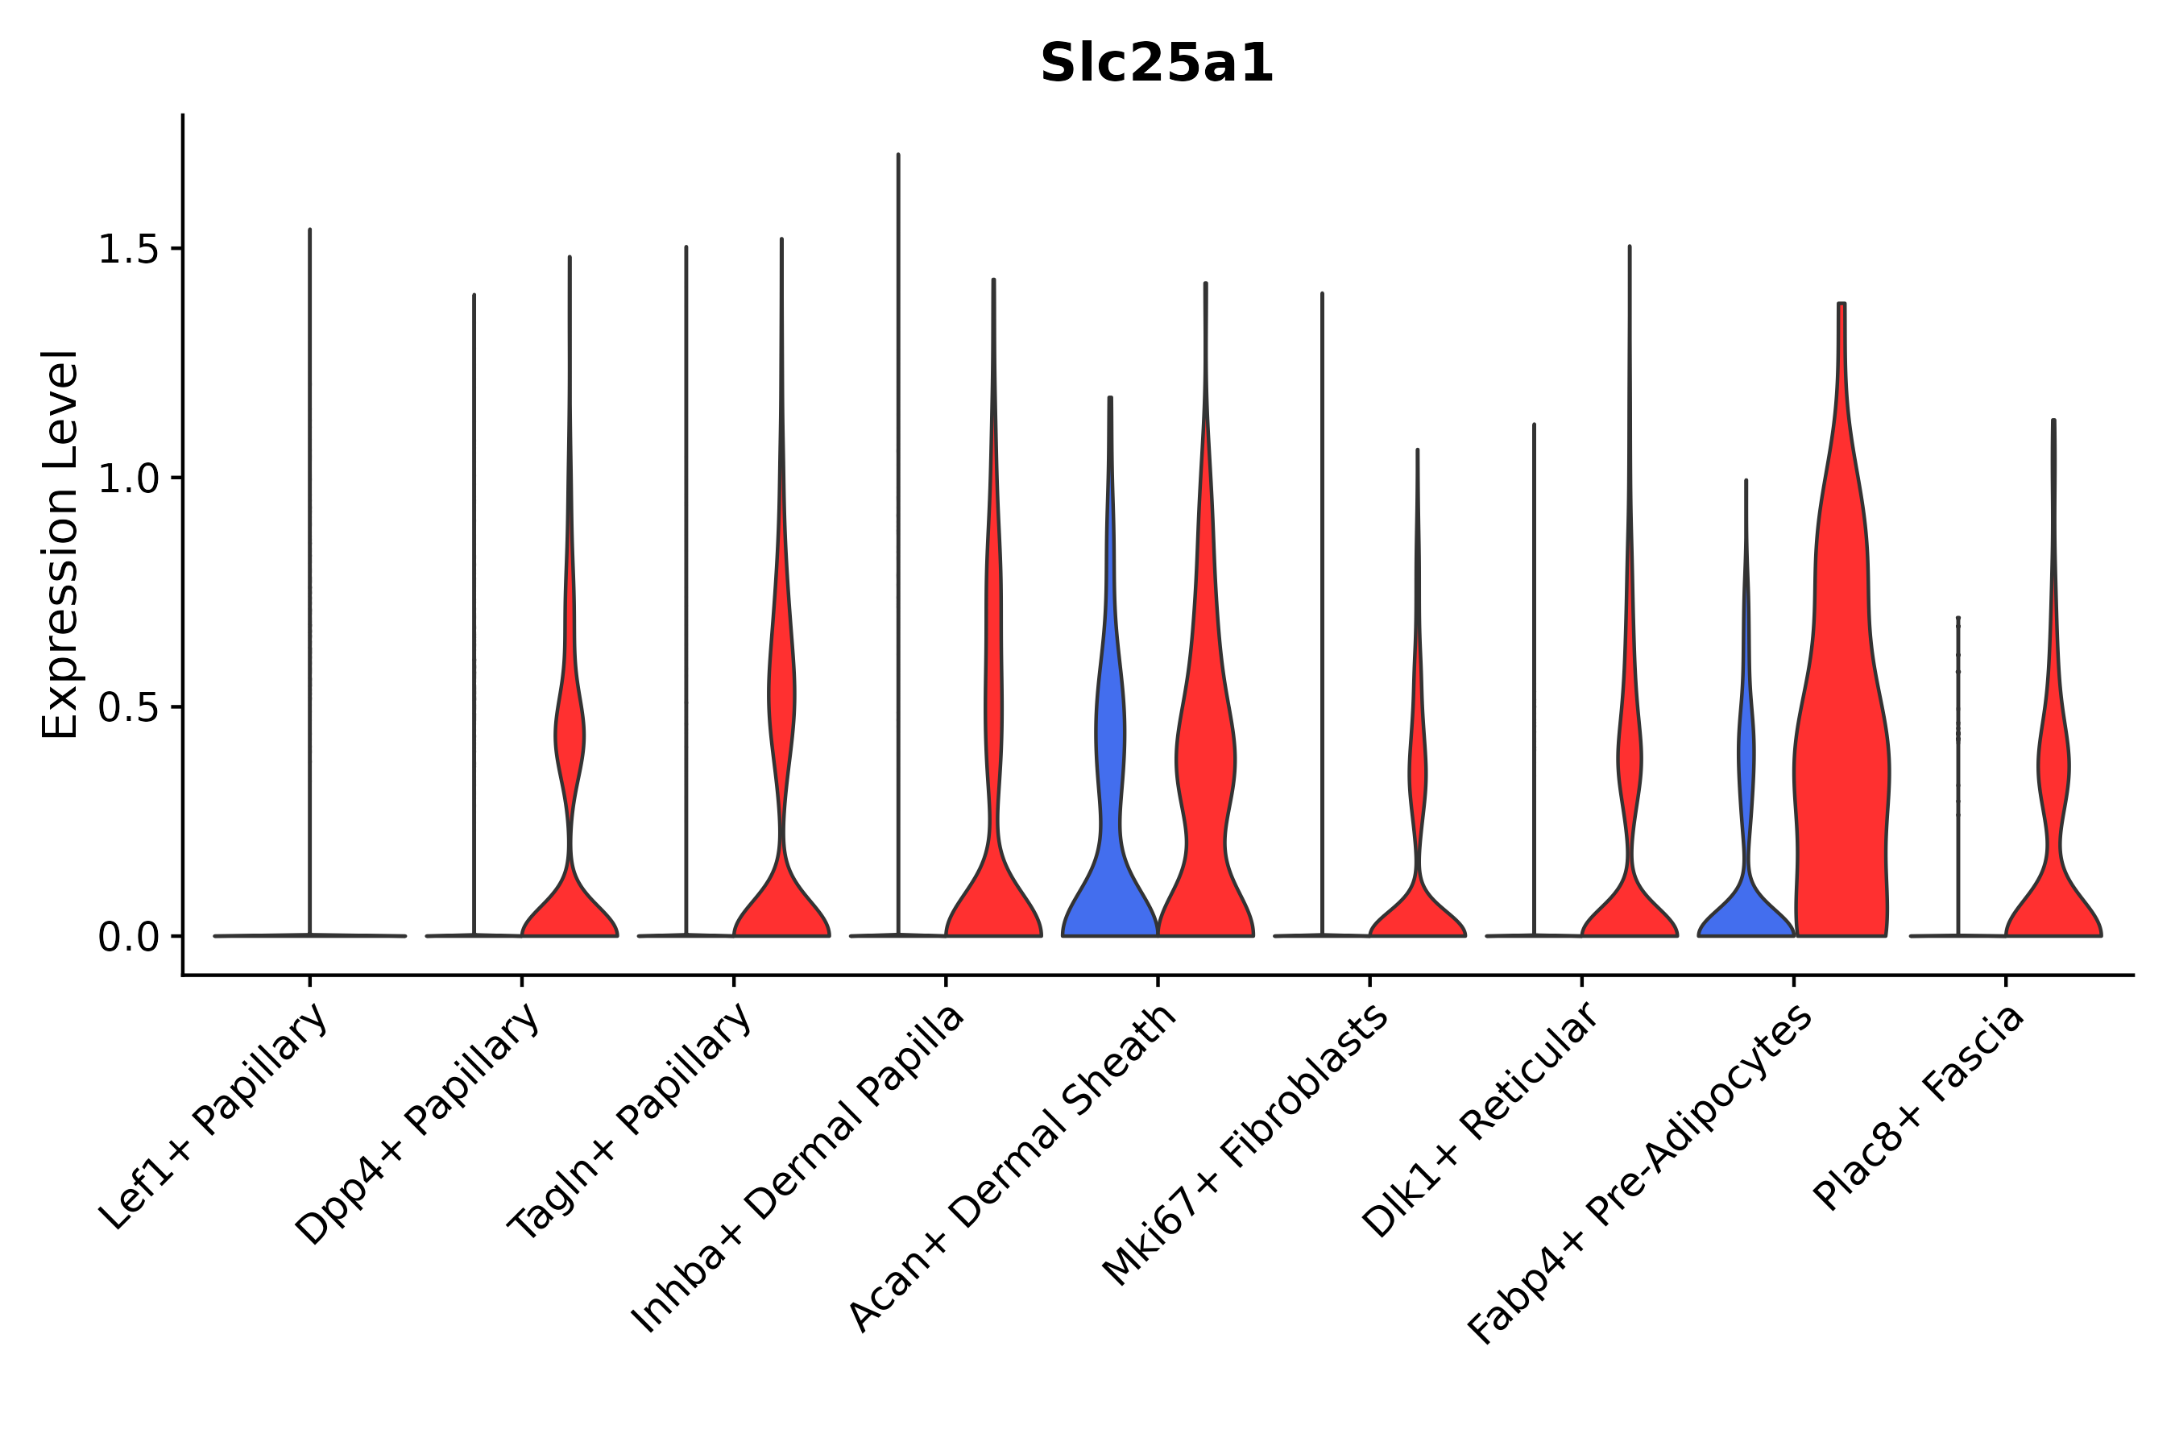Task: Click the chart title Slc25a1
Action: (x=1156, y=64)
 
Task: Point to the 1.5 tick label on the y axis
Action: (x=126, y=250)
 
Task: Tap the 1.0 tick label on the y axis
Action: (x=126, y=479)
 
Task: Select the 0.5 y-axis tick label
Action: (x=126, y=708)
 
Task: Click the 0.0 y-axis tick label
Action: (x=126, y=938)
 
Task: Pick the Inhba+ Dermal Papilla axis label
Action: (x=798, y=1169)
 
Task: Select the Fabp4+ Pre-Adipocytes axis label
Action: (x=1639, y=1174)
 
